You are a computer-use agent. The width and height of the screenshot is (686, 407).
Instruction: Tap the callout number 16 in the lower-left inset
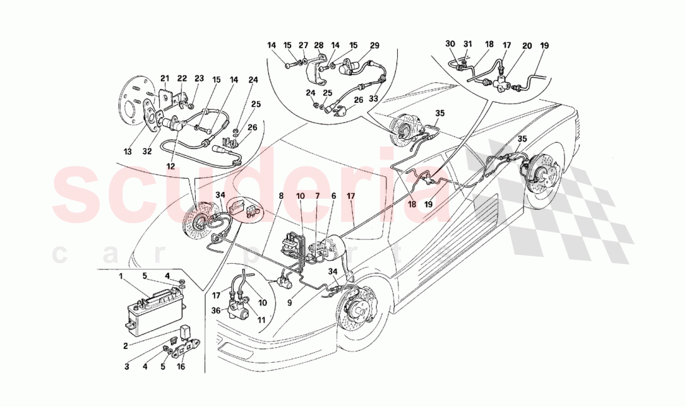(180, 368)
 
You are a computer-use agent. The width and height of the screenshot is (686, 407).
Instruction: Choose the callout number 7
(317, 196)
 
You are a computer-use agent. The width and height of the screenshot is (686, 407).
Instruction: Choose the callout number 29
(374, 45)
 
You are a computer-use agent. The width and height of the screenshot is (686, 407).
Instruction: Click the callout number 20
(528, 45)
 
